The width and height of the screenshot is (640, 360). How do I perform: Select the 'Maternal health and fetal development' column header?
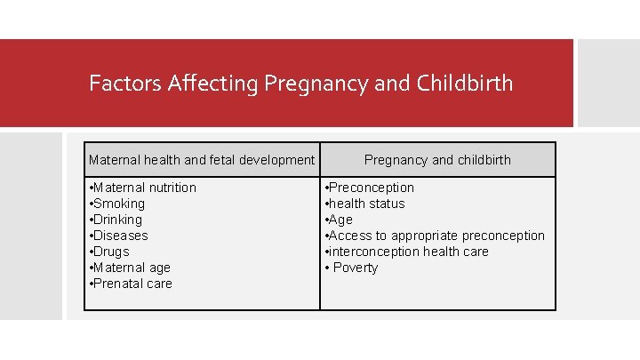(202, 160)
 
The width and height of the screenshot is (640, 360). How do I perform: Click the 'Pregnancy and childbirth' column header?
(437, 160)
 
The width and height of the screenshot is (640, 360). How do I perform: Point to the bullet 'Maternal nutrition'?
(145, 188)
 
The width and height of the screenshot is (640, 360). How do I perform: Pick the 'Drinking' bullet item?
(118, 220)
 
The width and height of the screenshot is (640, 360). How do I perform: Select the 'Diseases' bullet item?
(121, 236)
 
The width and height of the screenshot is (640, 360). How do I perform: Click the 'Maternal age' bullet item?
(132, 268)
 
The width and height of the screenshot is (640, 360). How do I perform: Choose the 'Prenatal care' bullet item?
(133, 284)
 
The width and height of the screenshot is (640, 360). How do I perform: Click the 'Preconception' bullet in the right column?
(371, 188)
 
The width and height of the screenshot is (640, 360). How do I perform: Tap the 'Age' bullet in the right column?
(340, 220)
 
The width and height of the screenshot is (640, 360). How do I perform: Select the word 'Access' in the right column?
(351, 236)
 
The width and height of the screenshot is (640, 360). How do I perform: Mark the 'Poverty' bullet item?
(355, 268)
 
